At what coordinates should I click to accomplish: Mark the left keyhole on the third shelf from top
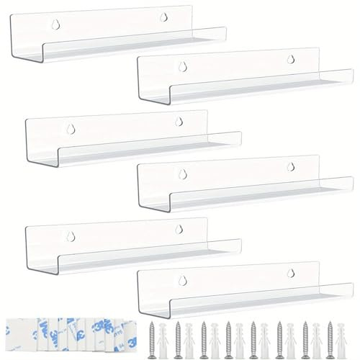pyautogui.click(x=70, y=127)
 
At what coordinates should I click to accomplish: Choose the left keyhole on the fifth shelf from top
pyautogui.click(x=70, y=233)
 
